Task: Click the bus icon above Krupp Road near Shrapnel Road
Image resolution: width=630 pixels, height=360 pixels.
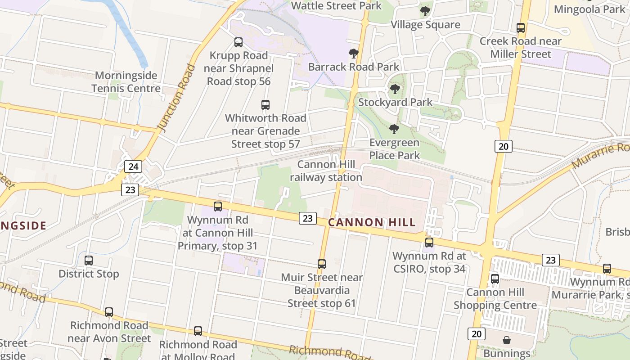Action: pos(238,42)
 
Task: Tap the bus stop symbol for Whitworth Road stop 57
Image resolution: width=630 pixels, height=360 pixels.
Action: pos(265,105)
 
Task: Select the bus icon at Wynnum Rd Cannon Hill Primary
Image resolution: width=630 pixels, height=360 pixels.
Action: pos(218,207)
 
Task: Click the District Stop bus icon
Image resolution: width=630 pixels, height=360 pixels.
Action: pos(89,261)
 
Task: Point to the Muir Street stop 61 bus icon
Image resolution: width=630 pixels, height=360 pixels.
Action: pos(322,264)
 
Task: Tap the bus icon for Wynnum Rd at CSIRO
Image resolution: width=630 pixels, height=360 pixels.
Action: pos(429,243)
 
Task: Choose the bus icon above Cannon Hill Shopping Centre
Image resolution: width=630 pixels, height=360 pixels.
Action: pos(495,279)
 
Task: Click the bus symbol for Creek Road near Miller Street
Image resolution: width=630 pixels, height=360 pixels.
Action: pos(521,28)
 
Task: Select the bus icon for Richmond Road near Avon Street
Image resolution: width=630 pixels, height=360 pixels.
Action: pos(109,312)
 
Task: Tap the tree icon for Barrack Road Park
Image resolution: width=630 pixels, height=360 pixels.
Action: pos(354,54)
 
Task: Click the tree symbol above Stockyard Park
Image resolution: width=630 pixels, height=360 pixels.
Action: pos(395,89)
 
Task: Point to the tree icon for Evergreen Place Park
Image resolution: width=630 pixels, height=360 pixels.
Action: pos(394,130)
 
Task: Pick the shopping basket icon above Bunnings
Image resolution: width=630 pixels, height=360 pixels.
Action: pos(507,340)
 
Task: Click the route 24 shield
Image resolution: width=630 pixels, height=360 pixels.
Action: pos(133,166)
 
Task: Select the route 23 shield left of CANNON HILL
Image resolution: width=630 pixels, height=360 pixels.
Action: pos(307,218)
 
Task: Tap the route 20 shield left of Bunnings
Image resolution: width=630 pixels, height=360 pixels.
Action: pos(476,333)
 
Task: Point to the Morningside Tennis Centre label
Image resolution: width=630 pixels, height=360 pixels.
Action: pos(126,81)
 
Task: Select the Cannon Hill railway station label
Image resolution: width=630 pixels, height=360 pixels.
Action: pos(326,171)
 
